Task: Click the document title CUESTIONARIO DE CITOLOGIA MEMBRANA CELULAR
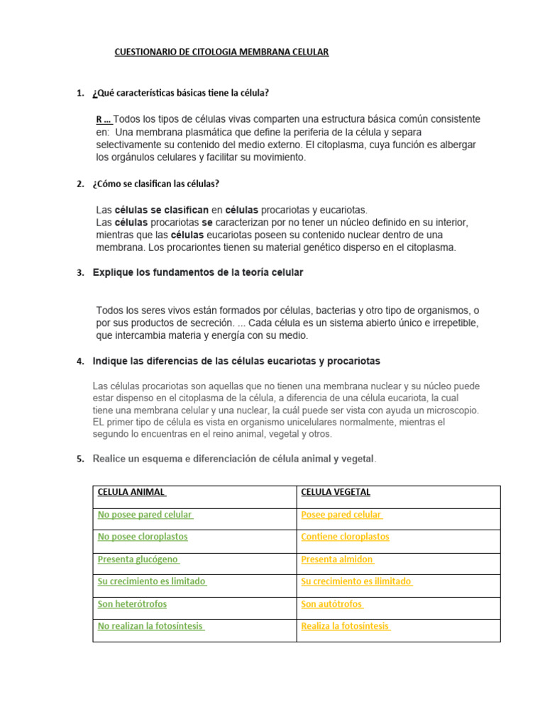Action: [x=221, y=52]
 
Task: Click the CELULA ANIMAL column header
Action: [x=131, y=492]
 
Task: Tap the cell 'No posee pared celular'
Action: [x=145, y=515]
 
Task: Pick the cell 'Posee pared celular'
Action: [x=342, y=515]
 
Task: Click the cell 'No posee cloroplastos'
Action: [x=143, y=537]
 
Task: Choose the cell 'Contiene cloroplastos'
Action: [x=345, y=537]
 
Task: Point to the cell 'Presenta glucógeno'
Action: [x=138, y=559]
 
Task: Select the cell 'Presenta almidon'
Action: [x=338, y=559]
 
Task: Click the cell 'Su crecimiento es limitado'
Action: [x=153, y=581]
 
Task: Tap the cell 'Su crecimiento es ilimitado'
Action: [x=357, y=581]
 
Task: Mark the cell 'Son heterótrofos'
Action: [x=133, y=604]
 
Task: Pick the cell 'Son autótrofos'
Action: [x=332, y=604]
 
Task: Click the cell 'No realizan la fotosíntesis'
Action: [x=151, y=626]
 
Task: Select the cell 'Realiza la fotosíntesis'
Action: [x=346, y=626]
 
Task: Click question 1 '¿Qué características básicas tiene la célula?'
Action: [x=181, y=94]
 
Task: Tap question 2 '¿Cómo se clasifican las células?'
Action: [x=156, y=184]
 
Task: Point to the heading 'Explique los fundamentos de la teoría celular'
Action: [x=198, y=272]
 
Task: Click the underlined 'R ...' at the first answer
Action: [x=104, y=119]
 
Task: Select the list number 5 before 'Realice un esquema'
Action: [x=79, y=459]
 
